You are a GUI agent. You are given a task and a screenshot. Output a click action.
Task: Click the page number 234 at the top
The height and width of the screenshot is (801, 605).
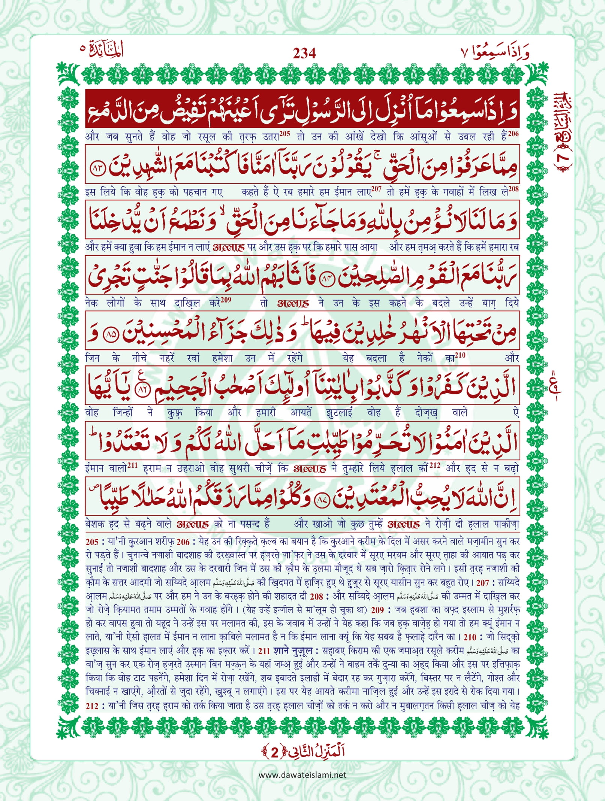[304, 54]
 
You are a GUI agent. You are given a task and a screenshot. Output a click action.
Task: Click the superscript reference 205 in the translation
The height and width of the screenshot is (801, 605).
[285, 134]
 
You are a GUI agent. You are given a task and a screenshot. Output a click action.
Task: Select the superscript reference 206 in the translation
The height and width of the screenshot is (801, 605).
[514, 134]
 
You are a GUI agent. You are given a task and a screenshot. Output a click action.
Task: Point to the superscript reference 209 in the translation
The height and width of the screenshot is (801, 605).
[226, 300]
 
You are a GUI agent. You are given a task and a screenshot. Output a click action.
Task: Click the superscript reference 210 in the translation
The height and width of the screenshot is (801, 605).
[460, 355]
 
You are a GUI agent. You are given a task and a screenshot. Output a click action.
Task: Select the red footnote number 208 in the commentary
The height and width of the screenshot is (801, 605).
[316, 597]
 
